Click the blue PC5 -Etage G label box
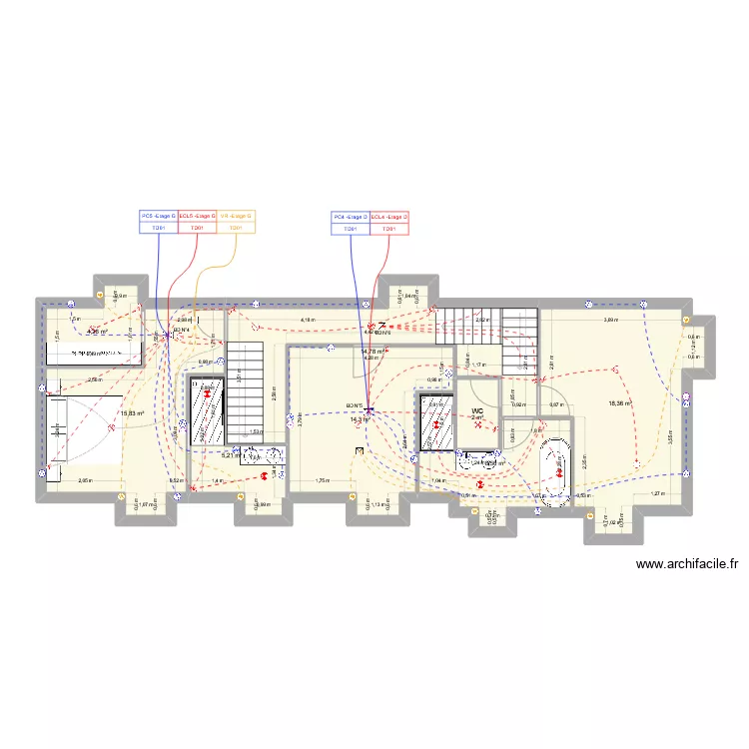(158, 216)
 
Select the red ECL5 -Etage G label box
(197, 216)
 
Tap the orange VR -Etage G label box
(236, 216)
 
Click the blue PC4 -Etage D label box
(351, 216)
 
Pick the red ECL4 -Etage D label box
(389, 216)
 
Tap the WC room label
(477, 410)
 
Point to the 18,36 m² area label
(620, 403)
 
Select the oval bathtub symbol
(554, 469)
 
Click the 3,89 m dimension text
(609, 321)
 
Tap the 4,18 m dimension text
(308, 321)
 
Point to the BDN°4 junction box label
(181, 330)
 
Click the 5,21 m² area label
(231, 455)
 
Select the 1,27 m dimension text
(657, 493)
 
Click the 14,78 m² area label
(372, 352)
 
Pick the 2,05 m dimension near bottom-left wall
(85, 481)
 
